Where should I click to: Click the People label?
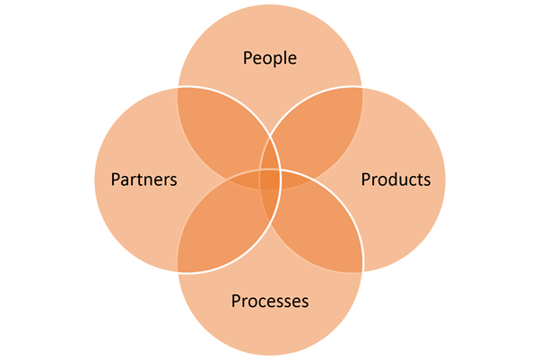point(270,58)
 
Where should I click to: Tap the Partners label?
point(144,180)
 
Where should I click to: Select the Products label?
point(396,180)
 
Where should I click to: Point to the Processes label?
point(270,301)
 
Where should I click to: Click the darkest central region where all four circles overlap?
point(270,179)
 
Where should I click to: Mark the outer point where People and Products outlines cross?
point(361,87)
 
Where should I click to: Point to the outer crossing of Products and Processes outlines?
point(361,271)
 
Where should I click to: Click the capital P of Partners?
point(115,180)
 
